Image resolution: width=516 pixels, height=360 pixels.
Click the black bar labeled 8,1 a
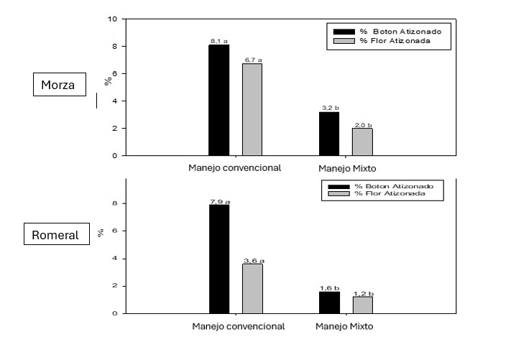218,100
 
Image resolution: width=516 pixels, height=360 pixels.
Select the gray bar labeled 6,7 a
252,109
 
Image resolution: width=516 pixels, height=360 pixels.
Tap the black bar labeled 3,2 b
328,134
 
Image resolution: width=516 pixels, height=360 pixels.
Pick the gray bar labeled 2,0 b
362,142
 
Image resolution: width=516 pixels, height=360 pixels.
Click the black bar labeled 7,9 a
218,259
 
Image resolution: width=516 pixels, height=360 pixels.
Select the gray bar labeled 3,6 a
252,289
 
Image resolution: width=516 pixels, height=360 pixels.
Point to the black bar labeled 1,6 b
328,303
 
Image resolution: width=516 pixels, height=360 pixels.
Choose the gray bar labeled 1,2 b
362,305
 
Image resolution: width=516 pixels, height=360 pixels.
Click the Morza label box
59,86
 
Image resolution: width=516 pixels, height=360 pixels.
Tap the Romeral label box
55,235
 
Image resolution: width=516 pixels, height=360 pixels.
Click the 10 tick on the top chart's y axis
111,19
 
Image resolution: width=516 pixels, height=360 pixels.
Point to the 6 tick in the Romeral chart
114,231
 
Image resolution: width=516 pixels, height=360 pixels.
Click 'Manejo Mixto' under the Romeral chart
344,326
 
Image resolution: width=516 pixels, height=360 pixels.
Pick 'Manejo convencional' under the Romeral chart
239,326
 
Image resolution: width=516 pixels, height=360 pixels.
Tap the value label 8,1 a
218,41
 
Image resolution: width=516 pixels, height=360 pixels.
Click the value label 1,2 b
362,294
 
